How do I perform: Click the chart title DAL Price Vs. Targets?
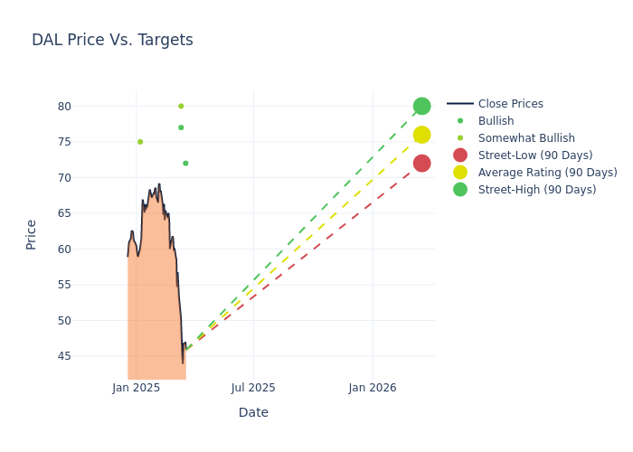coord(112,40)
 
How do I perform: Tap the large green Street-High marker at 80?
coord(421,106)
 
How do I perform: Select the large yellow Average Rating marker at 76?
coord(421,135)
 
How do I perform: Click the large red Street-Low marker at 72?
coord(421,163)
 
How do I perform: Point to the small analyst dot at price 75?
coord(140,142)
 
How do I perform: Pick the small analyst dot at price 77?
coord(181,127)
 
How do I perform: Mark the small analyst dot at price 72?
coord(185,164)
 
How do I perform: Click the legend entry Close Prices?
coord(510,104)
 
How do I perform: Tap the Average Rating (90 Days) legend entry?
coord(547,173)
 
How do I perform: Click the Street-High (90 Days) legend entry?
coord(537,190)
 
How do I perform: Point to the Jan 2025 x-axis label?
coord(137,388)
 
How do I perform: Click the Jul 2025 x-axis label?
coord(253,388)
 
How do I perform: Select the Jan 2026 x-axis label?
coord(372,388)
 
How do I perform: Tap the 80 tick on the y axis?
coord(64,106)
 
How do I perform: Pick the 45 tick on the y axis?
coord(64,355)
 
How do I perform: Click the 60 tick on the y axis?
coord(64,249)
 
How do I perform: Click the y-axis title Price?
coord(32,234)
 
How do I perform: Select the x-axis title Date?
coord(253,412)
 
